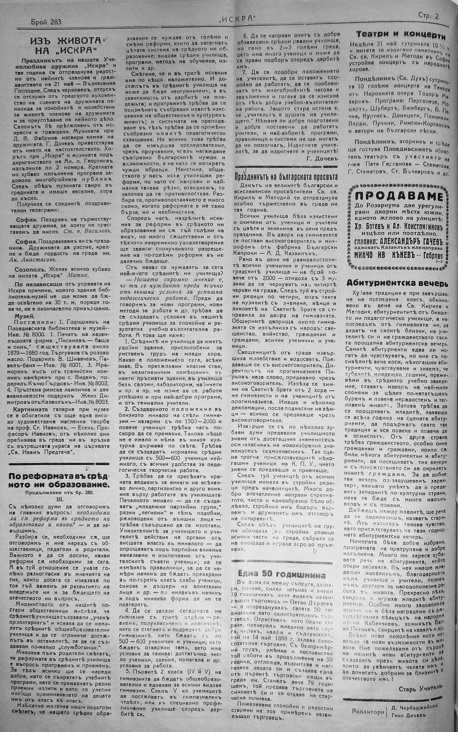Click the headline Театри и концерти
tap(400, 36)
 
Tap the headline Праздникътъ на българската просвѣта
tap(286, 176)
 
